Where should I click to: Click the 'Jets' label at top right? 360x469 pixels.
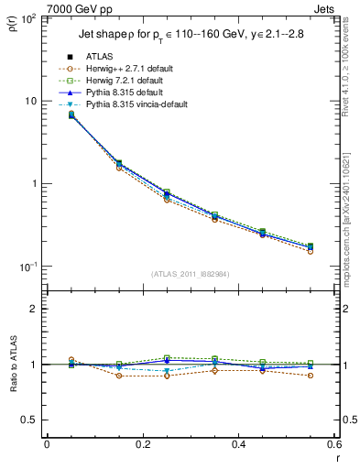(x=326, y=9)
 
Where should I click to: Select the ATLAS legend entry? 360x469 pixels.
(x=100, y=56)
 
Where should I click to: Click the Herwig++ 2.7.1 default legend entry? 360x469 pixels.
(x=129, y=69)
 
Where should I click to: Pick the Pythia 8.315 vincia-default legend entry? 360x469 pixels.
(x=136, y=106)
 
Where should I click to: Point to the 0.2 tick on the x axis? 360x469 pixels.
(x=142, y=444)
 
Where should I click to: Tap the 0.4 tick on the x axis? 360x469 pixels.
(x=238, y=444)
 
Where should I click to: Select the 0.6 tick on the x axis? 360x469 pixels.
(x=333, y=444)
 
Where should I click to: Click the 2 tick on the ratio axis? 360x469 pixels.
(x=34, y=310)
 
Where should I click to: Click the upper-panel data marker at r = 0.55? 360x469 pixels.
(x=310, y=246)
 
